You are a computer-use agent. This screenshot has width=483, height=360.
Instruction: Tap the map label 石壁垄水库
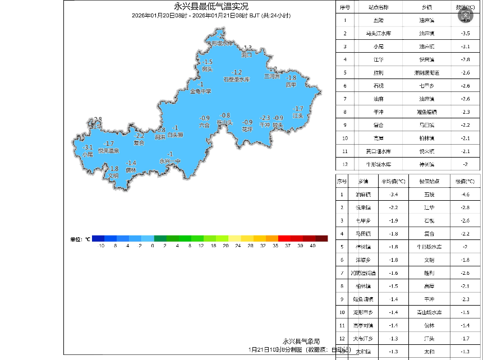pos(237,80)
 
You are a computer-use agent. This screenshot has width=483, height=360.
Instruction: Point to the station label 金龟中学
pos(201,91)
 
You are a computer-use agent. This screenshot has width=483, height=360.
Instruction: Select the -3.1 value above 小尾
pos(88,147)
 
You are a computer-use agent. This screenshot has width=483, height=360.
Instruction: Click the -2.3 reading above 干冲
pos(265,118)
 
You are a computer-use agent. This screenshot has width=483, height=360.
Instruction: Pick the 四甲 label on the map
pos(291,85)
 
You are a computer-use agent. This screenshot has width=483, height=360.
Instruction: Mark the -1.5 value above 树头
pos(208,62)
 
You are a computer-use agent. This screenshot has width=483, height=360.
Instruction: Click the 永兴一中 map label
pos(170,161)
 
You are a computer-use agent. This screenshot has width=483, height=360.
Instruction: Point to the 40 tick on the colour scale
pos(312,246)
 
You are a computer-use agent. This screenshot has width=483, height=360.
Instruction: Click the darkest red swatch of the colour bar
pos(321,239)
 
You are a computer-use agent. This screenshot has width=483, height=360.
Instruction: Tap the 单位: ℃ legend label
pos(80,239)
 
